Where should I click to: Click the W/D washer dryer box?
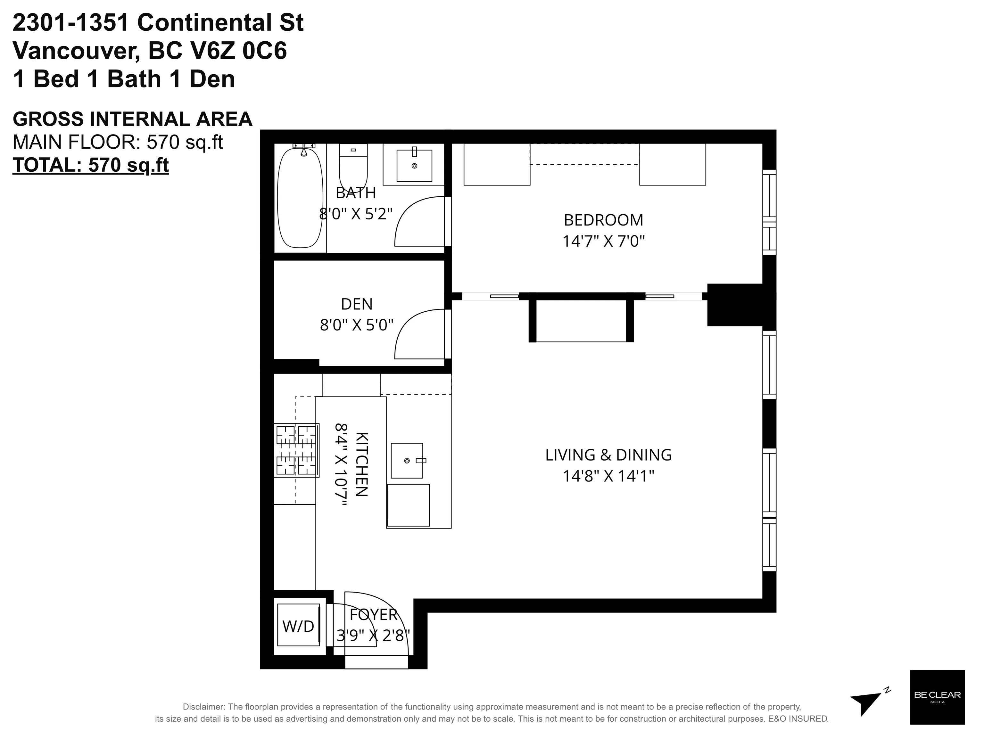point(299,626)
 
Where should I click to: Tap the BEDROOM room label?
point(603,220)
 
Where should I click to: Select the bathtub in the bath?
point(300,198)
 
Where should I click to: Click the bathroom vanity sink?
point(414,165)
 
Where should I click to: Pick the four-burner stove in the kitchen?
point(297,450)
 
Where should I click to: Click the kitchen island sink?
point(407,461)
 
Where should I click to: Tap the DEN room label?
point(356,304)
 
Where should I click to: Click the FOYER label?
point(373,615)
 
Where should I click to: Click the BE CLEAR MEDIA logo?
point(937,697)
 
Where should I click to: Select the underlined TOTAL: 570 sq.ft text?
point(91,165)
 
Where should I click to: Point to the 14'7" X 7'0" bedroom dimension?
point(603,242)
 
